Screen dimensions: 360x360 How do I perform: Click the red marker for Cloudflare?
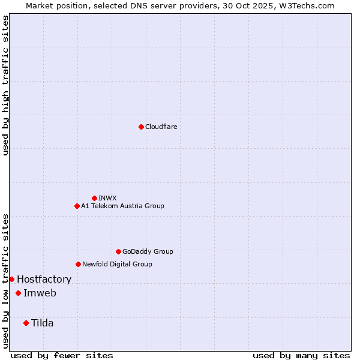pos(141,127)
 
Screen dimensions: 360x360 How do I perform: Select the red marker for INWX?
pos(94,198)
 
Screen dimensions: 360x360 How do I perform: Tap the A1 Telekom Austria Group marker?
pos(77,206)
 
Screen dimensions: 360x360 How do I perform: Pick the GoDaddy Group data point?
pos(118,251)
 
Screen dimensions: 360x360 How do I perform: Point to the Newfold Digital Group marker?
pos(78,264)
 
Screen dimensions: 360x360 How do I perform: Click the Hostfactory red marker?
pos(11,279)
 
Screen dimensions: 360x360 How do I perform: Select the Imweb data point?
pos(18,293)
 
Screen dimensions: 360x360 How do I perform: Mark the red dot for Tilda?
pos(26,323)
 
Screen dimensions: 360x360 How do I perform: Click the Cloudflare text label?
pos(161,127)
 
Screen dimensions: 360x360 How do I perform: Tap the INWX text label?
pos(107,198)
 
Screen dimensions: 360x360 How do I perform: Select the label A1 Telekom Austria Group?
pos(122,206)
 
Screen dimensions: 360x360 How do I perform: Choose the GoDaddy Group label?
pos(148,251)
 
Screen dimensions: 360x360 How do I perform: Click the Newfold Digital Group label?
pos(117,264)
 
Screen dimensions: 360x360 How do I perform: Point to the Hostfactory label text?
pos(44,279)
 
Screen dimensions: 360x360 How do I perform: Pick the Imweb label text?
pos(40,293)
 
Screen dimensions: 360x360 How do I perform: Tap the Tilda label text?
pos(42,323)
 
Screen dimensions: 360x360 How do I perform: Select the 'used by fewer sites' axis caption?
pos(62,355)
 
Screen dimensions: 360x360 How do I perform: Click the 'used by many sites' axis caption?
pos(301,355)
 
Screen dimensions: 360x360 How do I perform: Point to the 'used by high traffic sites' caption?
pos(5,85)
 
